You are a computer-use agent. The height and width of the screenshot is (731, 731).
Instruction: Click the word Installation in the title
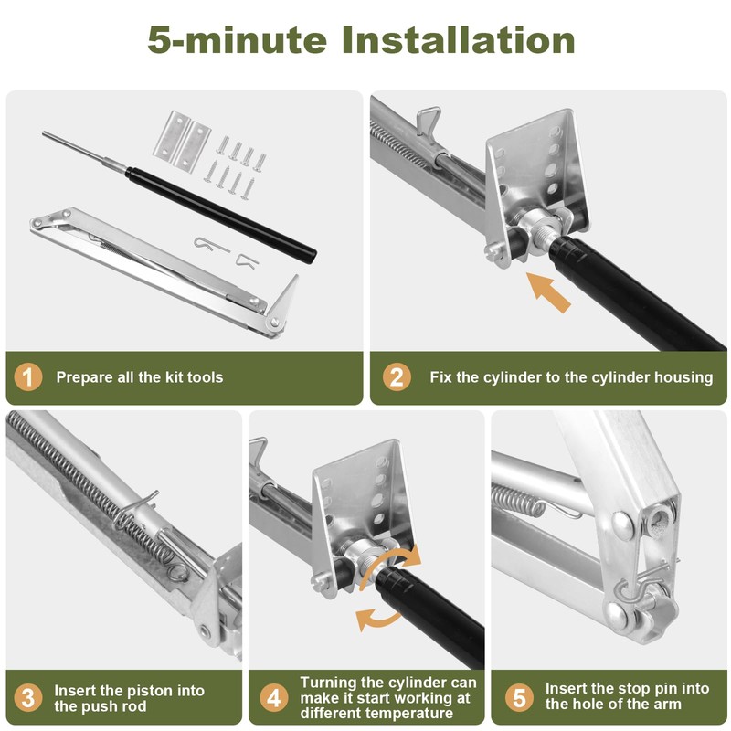(x=459, y=39)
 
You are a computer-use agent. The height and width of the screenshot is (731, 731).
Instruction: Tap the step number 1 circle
(x=28, y=377)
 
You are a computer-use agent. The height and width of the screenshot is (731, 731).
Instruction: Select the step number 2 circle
(x=397, y=377)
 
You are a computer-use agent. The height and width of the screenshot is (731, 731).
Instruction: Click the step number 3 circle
(x=28, y=698)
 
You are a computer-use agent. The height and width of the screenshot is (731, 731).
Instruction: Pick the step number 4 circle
(x=273, y=698)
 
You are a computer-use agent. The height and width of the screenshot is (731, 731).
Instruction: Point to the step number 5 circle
(x=519, y=698)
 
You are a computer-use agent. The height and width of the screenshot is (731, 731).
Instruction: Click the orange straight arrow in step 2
(x=548, y=292)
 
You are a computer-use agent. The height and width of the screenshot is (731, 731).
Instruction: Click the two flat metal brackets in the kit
(x=182, y=140)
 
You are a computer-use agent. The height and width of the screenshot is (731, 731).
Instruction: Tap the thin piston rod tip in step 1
(x=45, y=134)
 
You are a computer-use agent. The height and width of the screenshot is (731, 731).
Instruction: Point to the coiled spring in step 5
(x=517, y=500)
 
